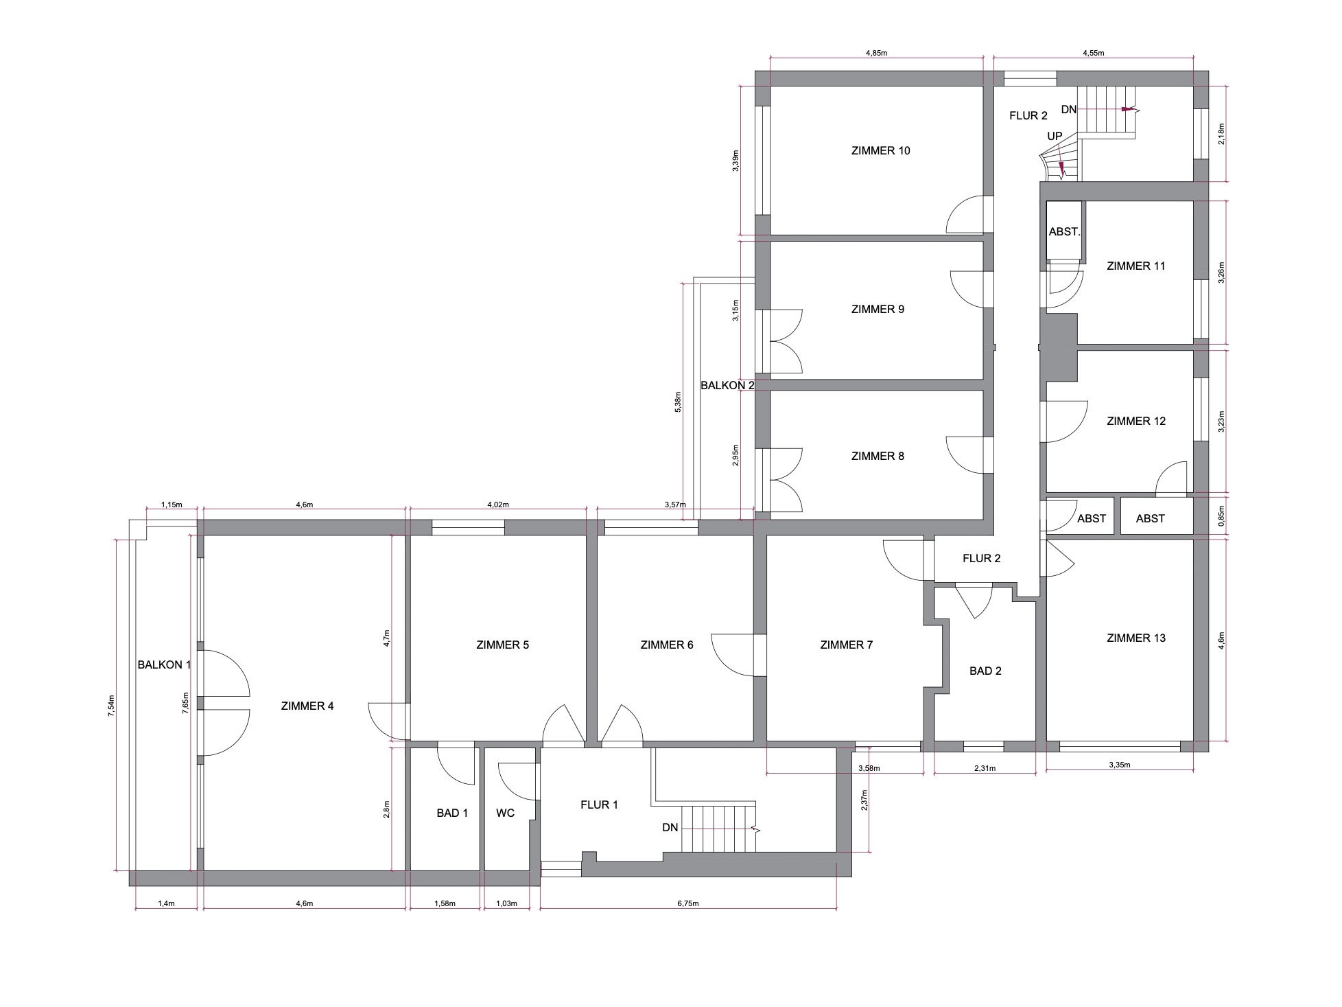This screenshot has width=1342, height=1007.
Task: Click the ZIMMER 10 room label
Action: click(x=880, y=151)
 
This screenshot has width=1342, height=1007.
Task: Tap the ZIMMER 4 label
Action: click(x=307, y=706)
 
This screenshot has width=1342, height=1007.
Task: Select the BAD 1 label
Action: click(x=452, y=813)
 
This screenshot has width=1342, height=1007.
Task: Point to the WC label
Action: click(x=506, y=813)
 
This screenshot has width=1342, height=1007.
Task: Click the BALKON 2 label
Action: click(x=727, y=386)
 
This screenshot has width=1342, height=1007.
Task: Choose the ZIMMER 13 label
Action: click(x=1136, y=638)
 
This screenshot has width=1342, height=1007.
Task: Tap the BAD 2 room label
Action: click(x=985, y=671)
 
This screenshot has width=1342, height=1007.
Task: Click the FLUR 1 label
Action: click(x=599, y=805)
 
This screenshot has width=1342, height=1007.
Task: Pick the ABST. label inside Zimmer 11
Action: click(x=1064, y=232)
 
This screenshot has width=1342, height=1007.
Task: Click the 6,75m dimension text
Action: click(x=688, y=903)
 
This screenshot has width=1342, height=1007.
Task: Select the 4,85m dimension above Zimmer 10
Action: click(x=875, y=52)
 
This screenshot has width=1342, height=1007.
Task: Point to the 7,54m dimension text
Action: click(x=112, y=706)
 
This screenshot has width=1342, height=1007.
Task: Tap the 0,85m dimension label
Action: click(x=1221, y=515)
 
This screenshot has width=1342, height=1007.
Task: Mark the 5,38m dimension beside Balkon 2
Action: click(x=679, y=403)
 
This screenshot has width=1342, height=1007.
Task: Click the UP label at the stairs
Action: click(x=1055, y=137)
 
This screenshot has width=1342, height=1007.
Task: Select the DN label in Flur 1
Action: click(x=670, y=828)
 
